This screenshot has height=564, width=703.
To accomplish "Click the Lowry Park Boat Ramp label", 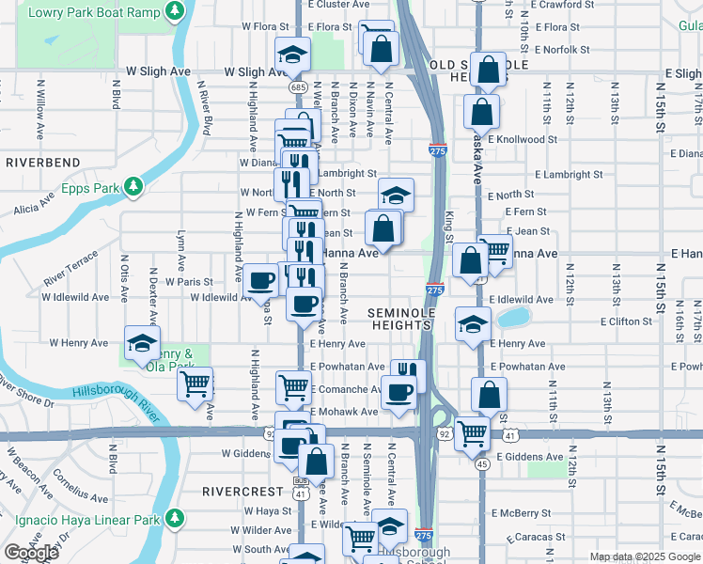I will pos(93,13).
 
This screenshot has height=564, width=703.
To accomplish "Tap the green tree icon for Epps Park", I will pos(134,187).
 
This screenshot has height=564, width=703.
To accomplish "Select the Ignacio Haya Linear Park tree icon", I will pos(174,518).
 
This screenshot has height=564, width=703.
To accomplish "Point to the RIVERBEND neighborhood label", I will pos(42,163).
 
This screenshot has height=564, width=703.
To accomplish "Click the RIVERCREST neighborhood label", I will pos(242,492).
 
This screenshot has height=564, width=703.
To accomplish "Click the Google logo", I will pos(32,553).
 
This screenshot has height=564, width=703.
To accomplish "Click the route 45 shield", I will pos(480,463).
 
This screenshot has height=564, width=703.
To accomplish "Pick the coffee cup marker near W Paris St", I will pos(259,280).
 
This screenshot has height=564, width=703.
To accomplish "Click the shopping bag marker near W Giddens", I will pos(317,461).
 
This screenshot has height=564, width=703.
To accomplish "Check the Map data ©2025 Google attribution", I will pos(645,556).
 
